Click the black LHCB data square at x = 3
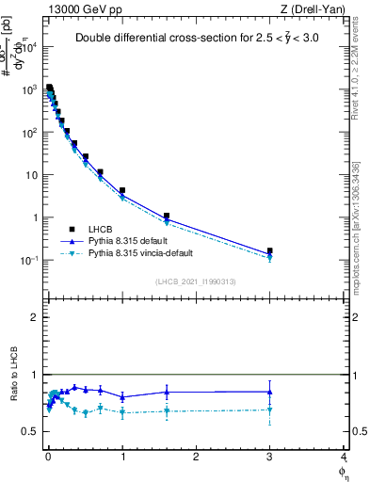pyautogui.click(x=270, y=251)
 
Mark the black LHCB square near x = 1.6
pyautogui.click(x=167, y=217)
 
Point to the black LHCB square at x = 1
pyautogui.click(x=122, y=190)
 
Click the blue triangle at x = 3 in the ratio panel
pyautogui.click(x=270, y=392)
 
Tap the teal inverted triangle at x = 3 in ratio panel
pyautogui.click(x=270, y=410)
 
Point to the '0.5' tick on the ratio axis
pyautogui.click(x=30, y=432)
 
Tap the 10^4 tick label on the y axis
pyautogui.click(x=29, y=47)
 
